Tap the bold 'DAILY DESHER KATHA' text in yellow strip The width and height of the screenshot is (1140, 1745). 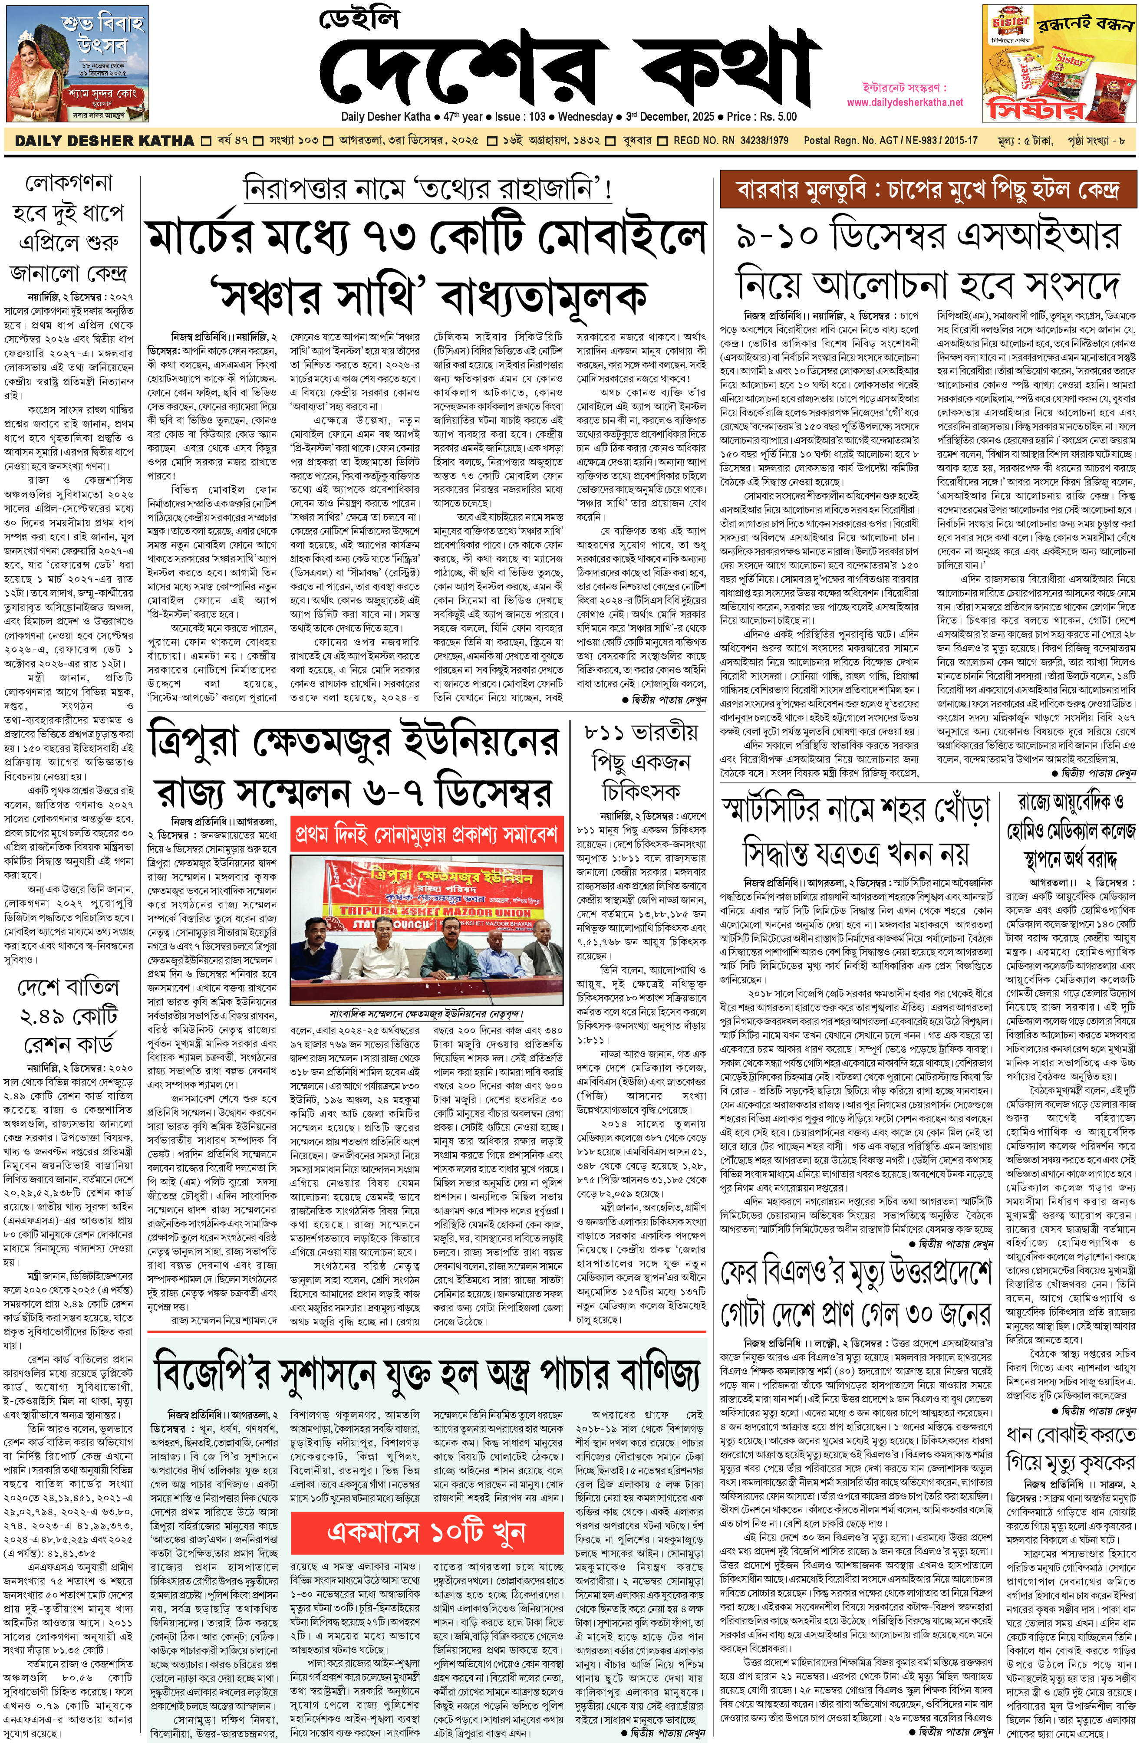tap(104, 141)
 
